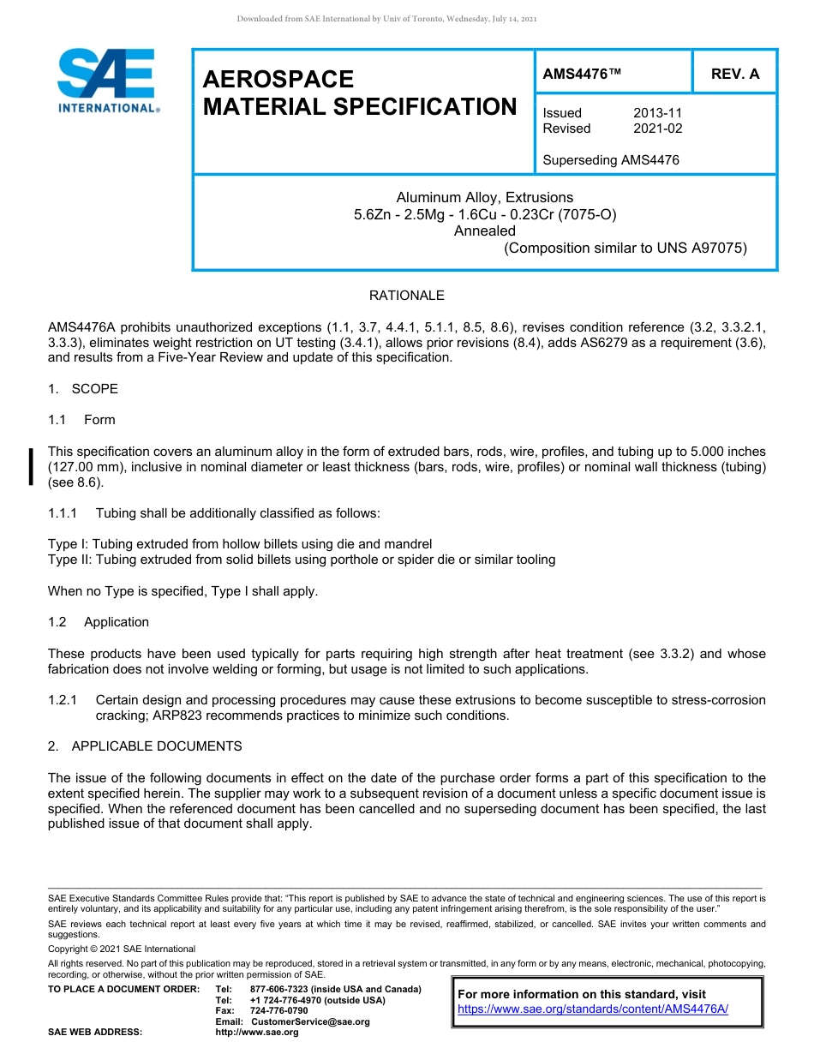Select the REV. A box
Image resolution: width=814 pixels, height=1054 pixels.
coord(734,74)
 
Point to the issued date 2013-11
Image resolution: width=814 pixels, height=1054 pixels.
coord(658,113)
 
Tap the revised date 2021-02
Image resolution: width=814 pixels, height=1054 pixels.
coord(658,129)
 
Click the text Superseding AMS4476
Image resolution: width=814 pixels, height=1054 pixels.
coord(611,160)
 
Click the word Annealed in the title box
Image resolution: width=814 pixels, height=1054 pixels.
coord(484,231)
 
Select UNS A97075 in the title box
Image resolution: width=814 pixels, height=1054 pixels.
coord(702,249)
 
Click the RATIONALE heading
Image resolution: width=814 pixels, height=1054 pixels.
coord(406,296)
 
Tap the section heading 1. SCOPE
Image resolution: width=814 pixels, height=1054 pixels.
coord(83,389)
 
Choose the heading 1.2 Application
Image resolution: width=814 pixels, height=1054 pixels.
coord(99,622)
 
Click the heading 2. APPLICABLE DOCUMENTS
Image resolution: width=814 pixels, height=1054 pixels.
coord(145,746)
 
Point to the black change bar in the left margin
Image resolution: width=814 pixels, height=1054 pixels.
coord(32,466)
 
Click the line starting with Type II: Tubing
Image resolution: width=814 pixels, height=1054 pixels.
coord(302,560)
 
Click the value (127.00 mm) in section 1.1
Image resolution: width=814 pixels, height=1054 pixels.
coord(88,467)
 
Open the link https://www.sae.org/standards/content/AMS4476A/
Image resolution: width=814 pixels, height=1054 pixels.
coord(593,1009)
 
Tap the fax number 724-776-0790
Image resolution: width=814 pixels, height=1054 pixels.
coord(278,1011)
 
